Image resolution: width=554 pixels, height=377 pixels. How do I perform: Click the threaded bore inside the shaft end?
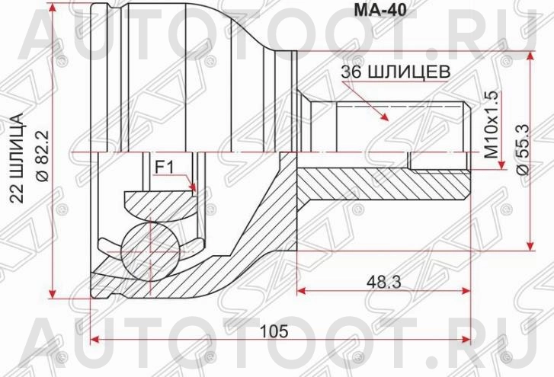pos(438,161)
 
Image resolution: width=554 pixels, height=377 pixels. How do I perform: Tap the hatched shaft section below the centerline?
pos(381,181)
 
